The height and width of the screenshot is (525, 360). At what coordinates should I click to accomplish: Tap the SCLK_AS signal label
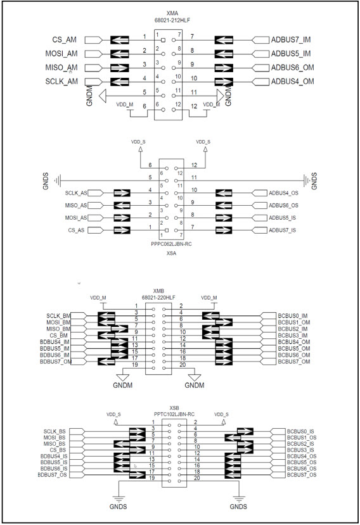(x=76, y=193)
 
